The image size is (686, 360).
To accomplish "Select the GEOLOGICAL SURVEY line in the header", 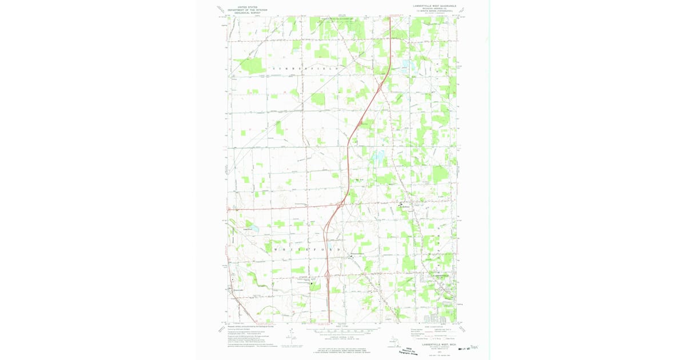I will click(240, 12).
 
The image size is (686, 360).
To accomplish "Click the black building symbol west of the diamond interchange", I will click(312, 282).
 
